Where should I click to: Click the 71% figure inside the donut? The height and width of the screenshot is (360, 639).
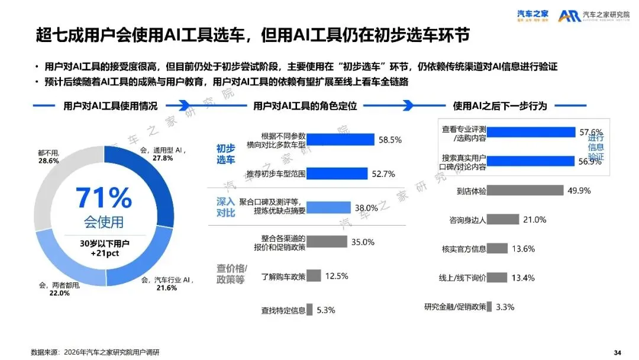point(104,197)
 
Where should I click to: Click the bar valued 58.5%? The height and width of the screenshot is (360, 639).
point(340,140)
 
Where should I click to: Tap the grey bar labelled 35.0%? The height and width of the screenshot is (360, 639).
point(327,242)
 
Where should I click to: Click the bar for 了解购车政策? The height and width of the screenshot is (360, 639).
point(314,276)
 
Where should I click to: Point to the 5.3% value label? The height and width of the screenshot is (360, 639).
point(326,310)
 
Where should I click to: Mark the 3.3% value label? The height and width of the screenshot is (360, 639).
point(505,307)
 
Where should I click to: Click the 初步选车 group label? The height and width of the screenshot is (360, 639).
point(225,155)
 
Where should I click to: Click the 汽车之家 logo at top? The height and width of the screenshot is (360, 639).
point(532,15)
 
